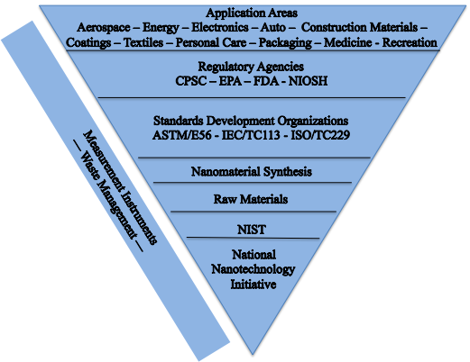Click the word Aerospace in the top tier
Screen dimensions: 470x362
(x=104, y=28)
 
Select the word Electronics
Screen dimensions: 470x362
(x=220, y=28)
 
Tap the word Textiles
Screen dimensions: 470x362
(x=143, y=42)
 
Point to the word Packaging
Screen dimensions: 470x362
(x=285, y=43)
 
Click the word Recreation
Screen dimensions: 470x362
(x=410, y=42)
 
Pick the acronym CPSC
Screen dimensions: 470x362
(x=191, y=81)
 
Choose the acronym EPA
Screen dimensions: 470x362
(x=230, y=81)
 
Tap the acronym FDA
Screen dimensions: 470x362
(x=266, y=81)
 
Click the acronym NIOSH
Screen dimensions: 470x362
(x=308, y=81)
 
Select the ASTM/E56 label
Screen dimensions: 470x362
(x=182, y=135)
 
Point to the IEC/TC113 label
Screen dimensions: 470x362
(x=251, y=135)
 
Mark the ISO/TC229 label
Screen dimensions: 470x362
(x=320, y=135)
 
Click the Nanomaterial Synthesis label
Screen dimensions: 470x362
(x=252, y=172)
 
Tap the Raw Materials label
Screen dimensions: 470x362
(x=251, y=199)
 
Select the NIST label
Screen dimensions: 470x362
(x=252, y=230)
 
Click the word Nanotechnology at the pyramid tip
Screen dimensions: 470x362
(x=253, y=269)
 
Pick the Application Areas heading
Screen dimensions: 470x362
(x=252, y=14)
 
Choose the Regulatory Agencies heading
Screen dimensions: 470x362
(x=251, y=67)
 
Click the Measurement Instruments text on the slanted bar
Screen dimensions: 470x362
(x=120, y=187)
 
